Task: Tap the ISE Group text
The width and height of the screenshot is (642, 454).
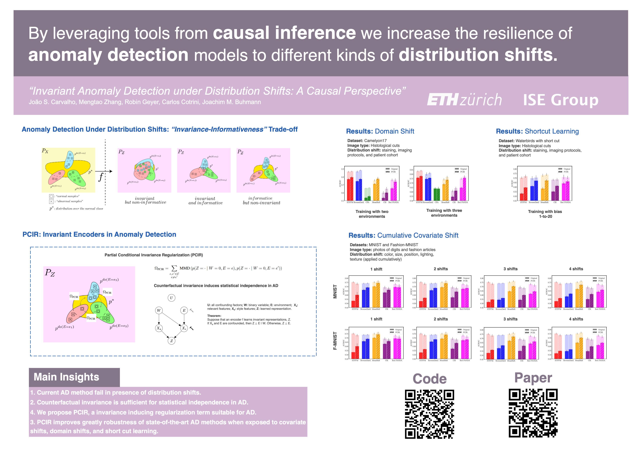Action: click(x=561, y=100)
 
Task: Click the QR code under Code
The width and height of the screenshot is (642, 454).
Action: click(x=429, y=414)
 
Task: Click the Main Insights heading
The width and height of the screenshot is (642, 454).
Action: click(x=67, y=377)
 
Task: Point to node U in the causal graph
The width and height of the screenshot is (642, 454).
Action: click(x=171, y=298)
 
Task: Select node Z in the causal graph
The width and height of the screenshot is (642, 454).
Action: click(x=171, y=341)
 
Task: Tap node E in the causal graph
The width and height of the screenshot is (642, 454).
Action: click(x=184, y=310)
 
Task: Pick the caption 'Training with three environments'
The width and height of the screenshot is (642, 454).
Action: click(x=444, y=213)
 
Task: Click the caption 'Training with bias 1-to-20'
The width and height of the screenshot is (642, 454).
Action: click(x=545, y=214)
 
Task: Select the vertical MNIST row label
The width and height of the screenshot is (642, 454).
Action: click(x=335, y=292)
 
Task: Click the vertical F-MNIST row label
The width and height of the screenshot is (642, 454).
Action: click(x=335, y=341)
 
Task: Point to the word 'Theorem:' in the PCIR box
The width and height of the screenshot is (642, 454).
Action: click(x=214, y=316)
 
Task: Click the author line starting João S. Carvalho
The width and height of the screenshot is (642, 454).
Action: click(x=145, y=102)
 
